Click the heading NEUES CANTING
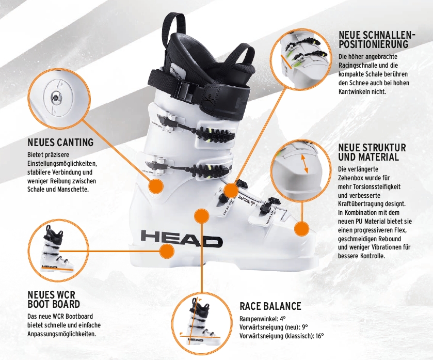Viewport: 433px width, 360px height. click(60, 142)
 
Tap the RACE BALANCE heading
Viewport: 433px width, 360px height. click(270, 306)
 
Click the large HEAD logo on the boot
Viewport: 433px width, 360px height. click(182, 239)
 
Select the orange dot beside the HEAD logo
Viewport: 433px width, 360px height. click(167, 251)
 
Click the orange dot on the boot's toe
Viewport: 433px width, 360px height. click(301, 228)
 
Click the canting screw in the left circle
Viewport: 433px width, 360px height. click(57, 97)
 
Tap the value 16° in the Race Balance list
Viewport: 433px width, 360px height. click(319, 336)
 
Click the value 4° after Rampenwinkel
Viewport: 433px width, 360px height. click(282, 319)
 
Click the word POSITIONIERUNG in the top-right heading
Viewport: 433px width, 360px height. click(373, 44)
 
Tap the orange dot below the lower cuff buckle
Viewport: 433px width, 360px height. click(156, 186)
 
